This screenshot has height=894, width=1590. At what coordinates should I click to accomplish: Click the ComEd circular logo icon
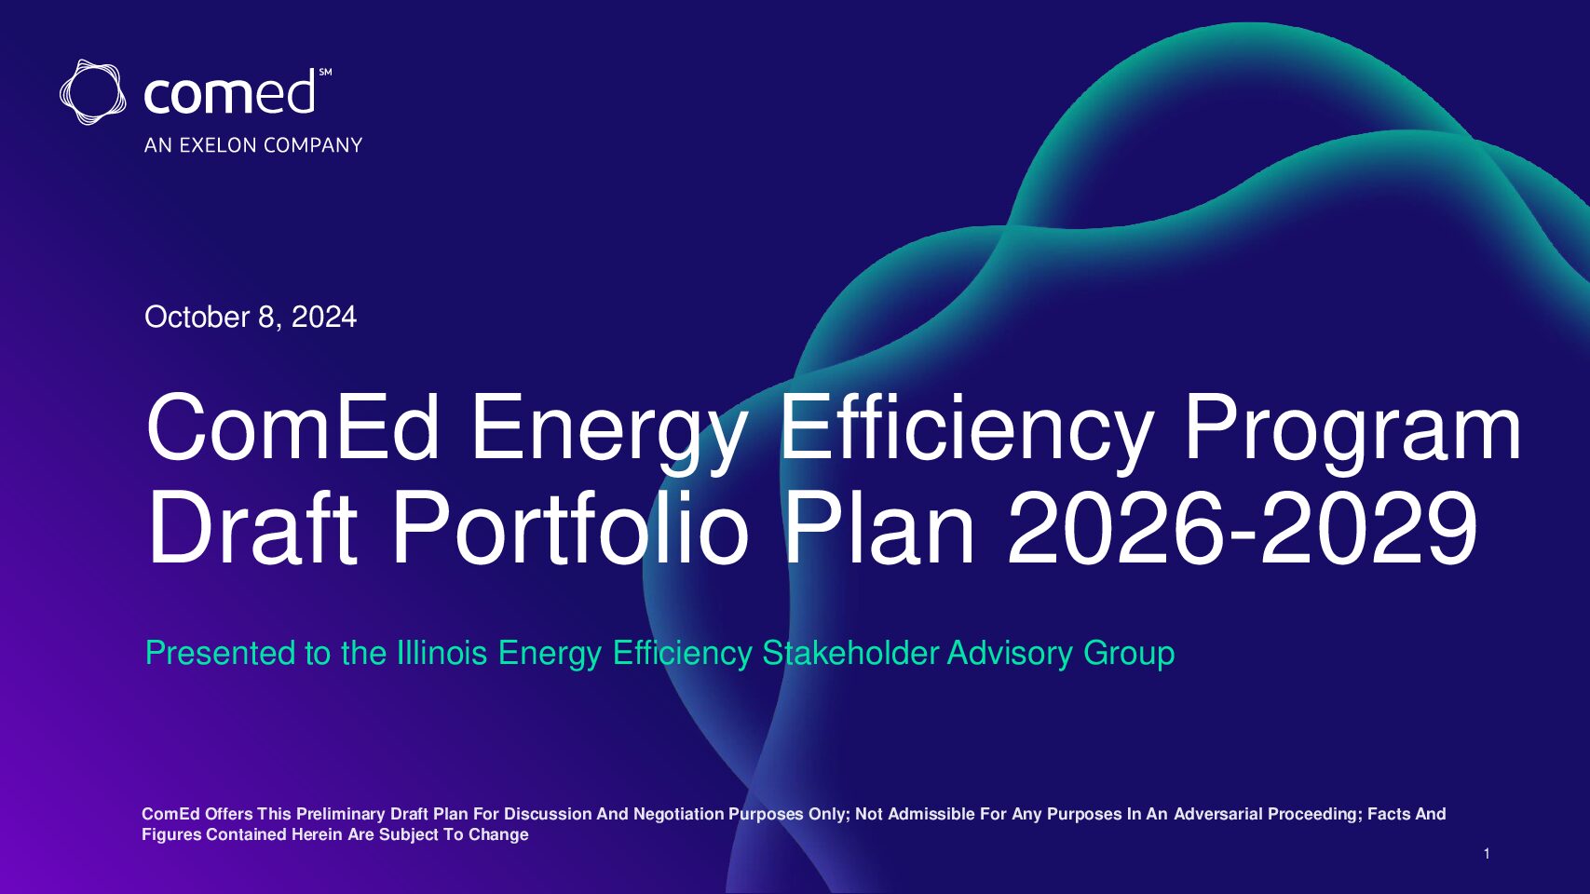[93, 92]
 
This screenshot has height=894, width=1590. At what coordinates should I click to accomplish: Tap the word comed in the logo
[229, 92]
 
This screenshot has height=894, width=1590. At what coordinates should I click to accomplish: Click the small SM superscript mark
[325, 72]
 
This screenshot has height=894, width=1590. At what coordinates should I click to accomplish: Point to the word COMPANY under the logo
[313, 145]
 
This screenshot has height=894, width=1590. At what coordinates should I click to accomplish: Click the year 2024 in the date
[323, 318]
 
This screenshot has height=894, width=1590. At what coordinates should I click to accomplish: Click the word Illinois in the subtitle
[442, 653]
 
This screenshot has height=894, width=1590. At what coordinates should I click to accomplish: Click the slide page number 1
[1487, 854]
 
